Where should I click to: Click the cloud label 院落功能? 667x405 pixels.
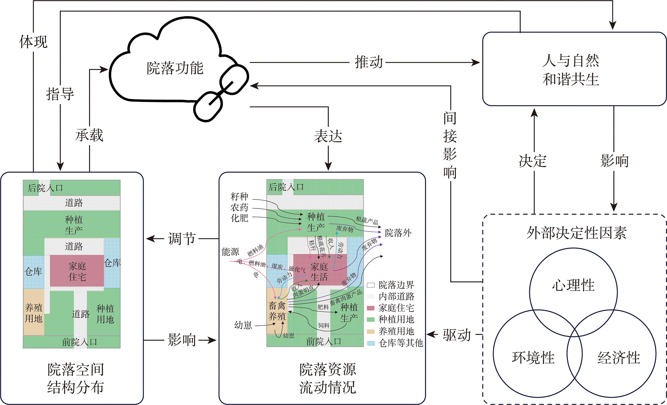click(175, 68)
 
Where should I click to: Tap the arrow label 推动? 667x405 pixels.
click(369, 62)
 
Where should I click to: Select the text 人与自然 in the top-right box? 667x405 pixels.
click(571, 61)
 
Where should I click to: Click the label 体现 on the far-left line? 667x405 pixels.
click(33, 42)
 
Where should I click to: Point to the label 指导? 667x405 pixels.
click(60, 94)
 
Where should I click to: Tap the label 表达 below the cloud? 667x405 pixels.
click(328, 136)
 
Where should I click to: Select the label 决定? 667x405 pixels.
click(533, 161)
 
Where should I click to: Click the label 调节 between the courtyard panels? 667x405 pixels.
click(181, 239)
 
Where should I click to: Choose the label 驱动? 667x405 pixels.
click(457, 335)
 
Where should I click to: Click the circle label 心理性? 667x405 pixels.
click(573, 285)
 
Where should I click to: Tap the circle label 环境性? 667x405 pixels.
click(533, 358)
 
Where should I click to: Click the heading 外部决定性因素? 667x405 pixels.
click(576, 233)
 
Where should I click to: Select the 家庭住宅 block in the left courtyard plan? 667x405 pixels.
click(77, 271)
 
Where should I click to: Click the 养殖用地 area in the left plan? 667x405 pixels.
click(33, 313)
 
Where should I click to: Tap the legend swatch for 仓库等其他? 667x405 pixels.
click(371, 343)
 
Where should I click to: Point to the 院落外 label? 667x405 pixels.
click(398, 233)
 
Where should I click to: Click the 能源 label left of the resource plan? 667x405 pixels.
click(230, 252)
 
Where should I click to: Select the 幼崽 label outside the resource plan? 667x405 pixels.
click(243, 325)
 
